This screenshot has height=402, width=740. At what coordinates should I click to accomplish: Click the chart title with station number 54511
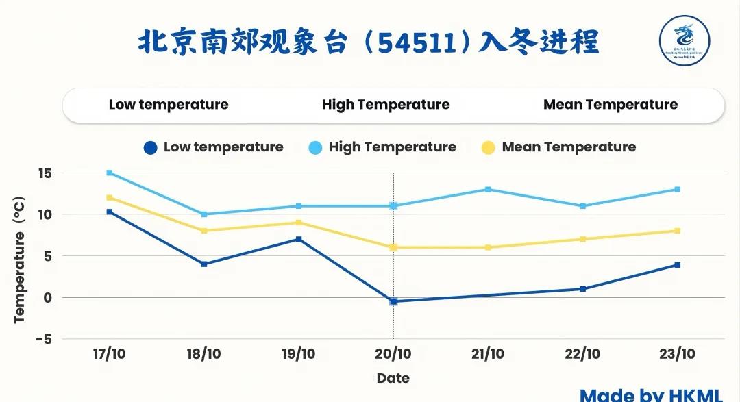point(369,42)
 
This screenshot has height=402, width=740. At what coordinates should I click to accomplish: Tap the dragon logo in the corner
point(684,41)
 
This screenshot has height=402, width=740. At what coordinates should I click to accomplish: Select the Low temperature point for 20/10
point(393,301)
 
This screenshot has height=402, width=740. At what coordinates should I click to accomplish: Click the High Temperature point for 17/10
point(109,173)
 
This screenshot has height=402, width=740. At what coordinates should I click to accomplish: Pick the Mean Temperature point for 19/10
point(299,223)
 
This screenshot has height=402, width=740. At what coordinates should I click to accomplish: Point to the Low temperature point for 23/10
point(677,264)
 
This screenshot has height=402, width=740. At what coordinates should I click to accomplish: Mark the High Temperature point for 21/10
point(488,189)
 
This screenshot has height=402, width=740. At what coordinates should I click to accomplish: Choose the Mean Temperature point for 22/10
point(582,239)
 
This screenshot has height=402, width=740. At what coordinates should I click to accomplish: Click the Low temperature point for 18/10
point(204,264)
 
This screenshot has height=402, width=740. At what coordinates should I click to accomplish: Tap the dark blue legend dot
point(151,147)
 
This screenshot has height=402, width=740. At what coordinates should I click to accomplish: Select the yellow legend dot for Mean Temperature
point(489,147)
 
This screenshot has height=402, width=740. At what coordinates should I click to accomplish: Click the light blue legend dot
point(316,147)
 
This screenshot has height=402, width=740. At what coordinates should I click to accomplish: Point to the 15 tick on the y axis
point(45,173)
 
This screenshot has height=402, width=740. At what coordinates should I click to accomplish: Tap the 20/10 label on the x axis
point(393,354)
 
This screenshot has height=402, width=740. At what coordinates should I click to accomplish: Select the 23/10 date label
point(677,354)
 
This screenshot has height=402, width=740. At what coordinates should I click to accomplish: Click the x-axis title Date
point(393,378)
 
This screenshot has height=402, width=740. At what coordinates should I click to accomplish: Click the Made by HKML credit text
point(651,394)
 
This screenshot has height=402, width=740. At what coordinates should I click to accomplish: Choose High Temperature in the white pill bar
point(386,105)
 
